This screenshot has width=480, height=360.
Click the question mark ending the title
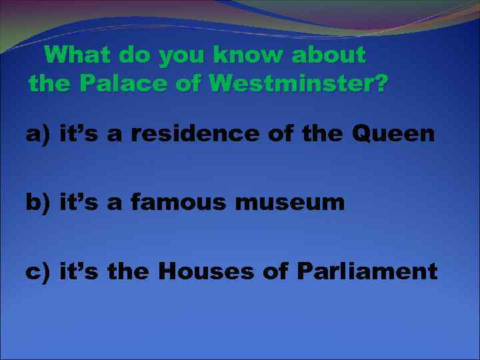click(x=379, y=85)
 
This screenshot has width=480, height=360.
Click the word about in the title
click(x=329, y=55)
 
